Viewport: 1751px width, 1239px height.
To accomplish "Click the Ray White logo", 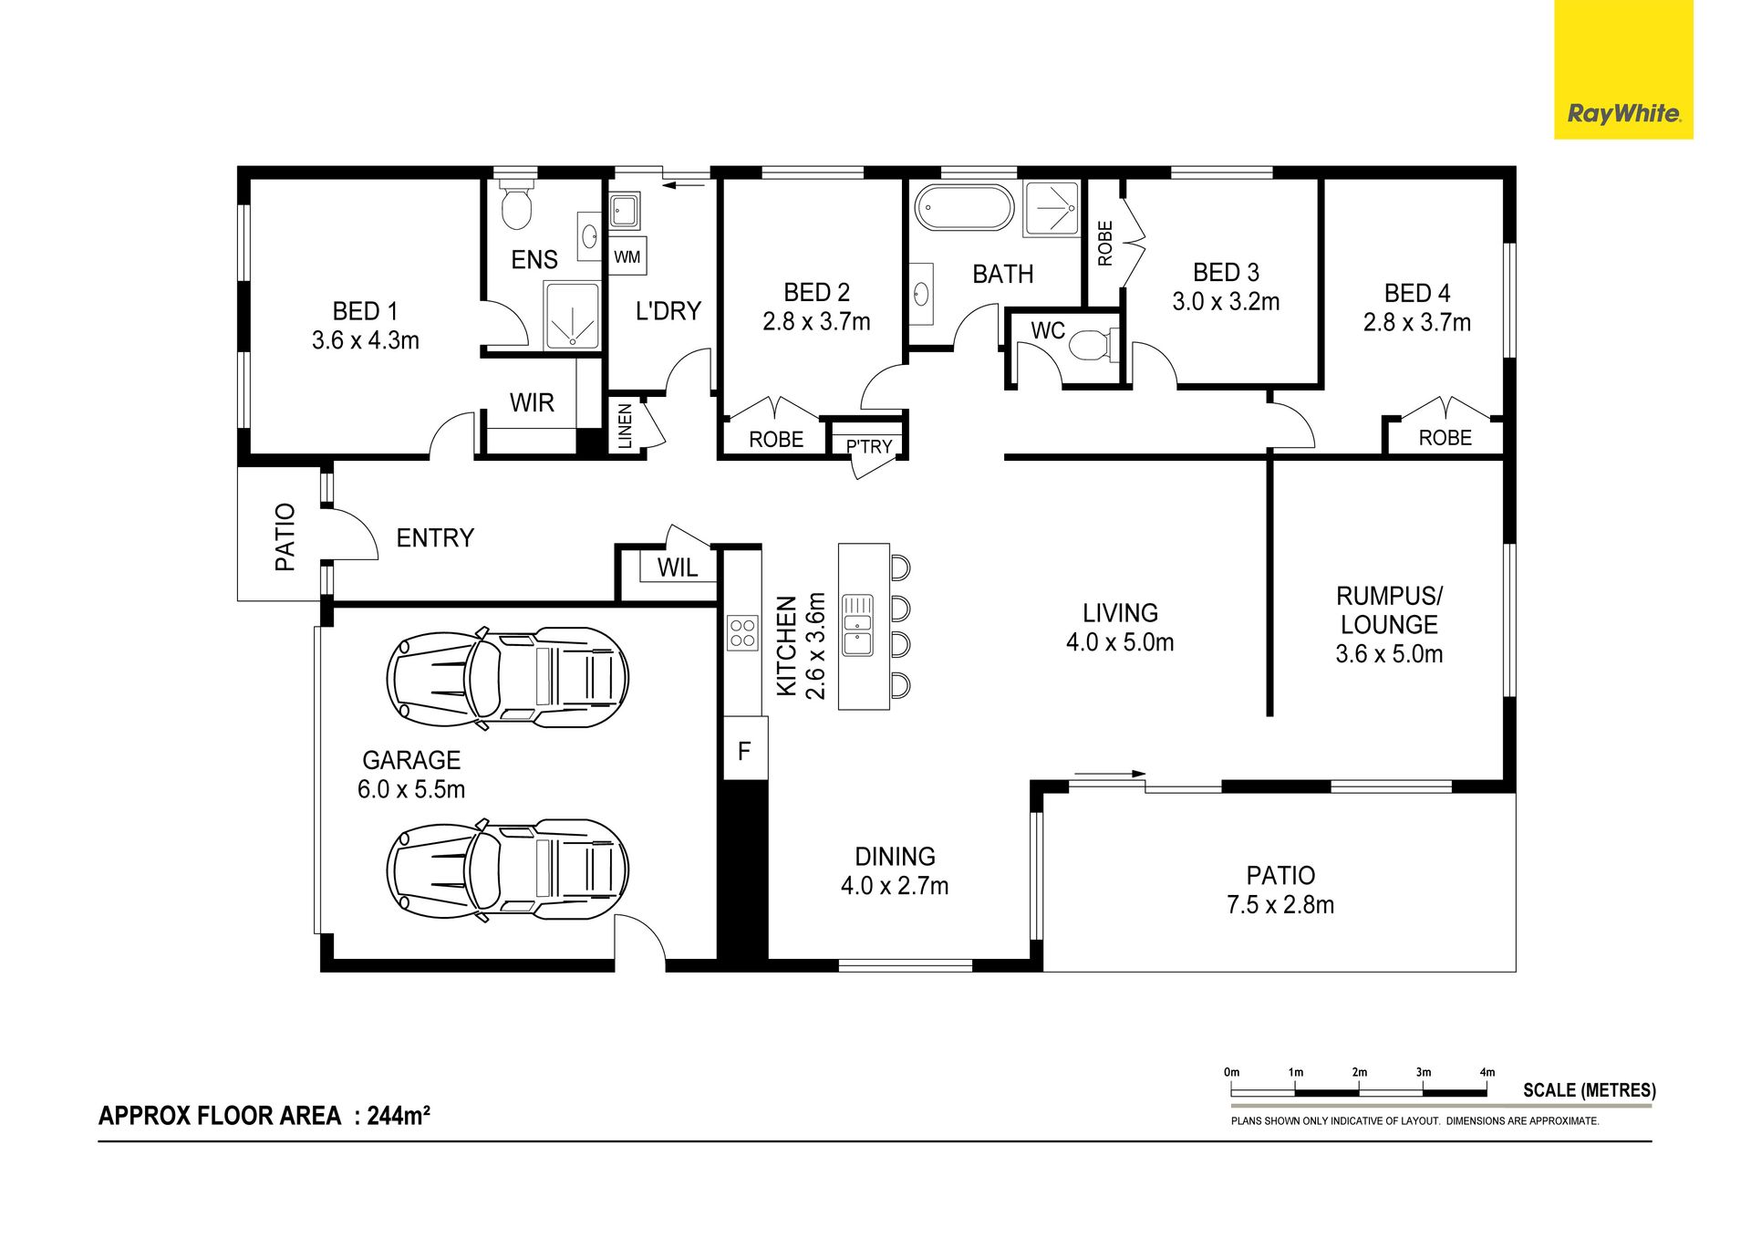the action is [1623, 114].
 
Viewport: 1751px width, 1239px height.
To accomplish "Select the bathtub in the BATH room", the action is [964, 208].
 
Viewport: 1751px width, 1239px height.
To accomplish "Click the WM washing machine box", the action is [627, 257].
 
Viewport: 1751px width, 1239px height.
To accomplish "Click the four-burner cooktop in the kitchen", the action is [742, 632].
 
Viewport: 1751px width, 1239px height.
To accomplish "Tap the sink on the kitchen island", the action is [857, 625].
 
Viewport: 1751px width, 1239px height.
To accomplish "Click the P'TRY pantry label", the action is [868, 446].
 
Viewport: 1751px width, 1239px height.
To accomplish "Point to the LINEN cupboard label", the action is [625, 425].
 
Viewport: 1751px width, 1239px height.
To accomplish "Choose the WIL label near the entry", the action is [678, 567].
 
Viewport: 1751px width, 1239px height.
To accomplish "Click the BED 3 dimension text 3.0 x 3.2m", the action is [1226, 301].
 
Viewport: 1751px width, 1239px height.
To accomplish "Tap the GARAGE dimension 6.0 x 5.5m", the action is [411, 789].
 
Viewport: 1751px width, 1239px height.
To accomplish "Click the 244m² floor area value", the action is [399, 1115].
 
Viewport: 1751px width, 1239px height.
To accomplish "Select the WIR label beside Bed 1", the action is [532, 402].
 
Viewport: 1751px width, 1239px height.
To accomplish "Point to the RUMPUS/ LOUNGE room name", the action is [1389, 610].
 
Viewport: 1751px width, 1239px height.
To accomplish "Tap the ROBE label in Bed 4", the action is [1445, 438].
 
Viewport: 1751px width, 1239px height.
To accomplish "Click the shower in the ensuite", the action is [572, 315].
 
